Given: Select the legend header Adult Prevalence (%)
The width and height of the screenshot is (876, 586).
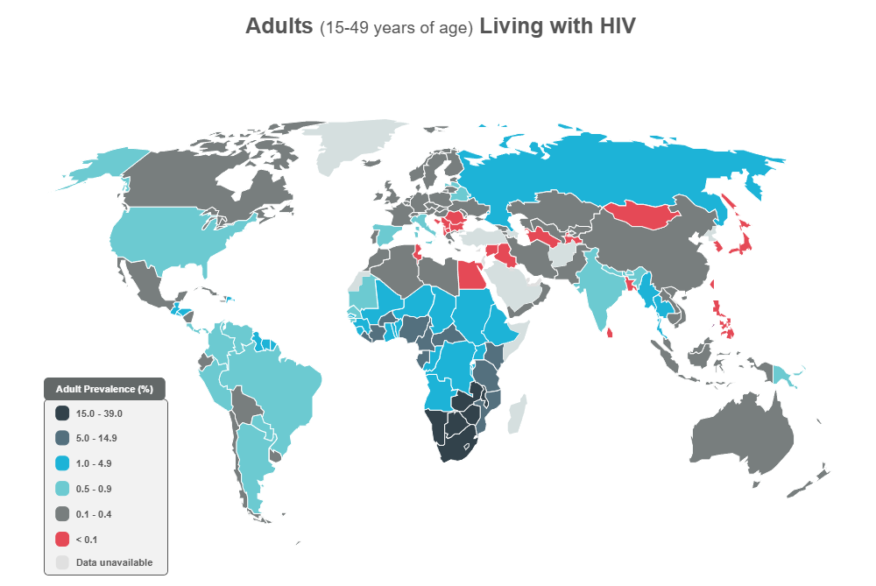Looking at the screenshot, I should (104, 388).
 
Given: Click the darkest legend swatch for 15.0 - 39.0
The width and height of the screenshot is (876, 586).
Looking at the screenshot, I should (62, 413).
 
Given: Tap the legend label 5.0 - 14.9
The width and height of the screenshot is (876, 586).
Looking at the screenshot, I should (97, 438).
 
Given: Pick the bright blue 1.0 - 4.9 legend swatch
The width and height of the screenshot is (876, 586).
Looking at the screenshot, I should (62, 463).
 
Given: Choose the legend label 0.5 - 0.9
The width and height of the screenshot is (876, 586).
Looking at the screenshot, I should (94, 489).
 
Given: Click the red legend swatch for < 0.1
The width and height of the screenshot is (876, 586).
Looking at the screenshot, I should (62, 539).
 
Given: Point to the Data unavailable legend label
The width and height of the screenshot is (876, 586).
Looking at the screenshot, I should (114, 562).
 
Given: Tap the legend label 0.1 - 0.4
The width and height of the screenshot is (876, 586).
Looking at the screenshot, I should (94, 513).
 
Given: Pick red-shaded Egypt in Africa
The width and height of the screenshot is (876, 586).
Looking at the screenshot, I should (471, 277).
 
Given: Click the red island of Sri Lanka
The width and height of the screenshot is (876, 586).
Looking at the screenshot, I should (609, 329).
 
